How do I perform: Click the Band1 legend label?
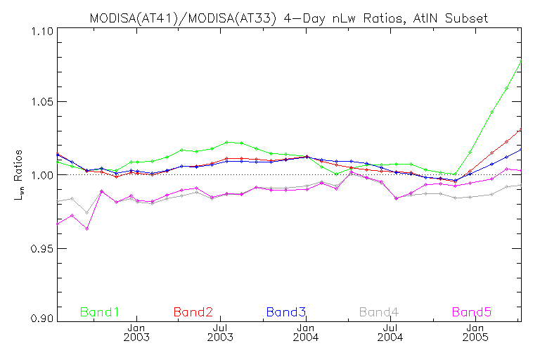click(100, 311)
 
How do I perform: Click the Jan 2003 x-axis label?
click(136, 333)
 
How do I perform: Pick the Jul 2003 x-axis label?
click(221, 333)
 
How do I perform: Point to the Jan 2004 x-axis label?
click(306, 333)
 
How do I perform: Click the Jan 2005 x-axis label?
click(475, 333)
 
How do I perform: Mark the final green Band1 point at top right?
click(521, 61)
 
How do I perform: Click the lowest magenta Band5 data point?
click(86, 229)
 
